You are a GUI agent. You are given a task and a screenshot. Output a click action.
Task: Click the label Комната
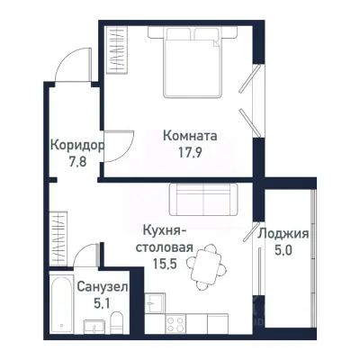pyautogui.click(x=191, y=136)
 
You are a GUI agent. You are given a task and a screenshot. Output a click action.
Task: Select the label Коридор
pyautogui.click(x=76, y=146)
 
